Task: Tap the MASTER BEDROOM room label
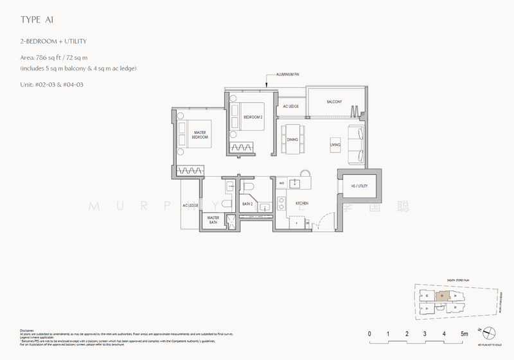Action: click(204, 135)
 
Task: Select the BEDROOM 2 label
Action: click(253, 117)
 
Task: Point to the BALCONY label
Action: click(333, 102)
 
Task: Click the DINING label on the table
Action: click(293, 139)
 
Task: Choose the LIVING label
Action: click(335, 145)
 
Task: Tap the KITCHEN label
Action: click(303, 203)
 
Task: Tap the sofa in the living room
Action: click(355, 145)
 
